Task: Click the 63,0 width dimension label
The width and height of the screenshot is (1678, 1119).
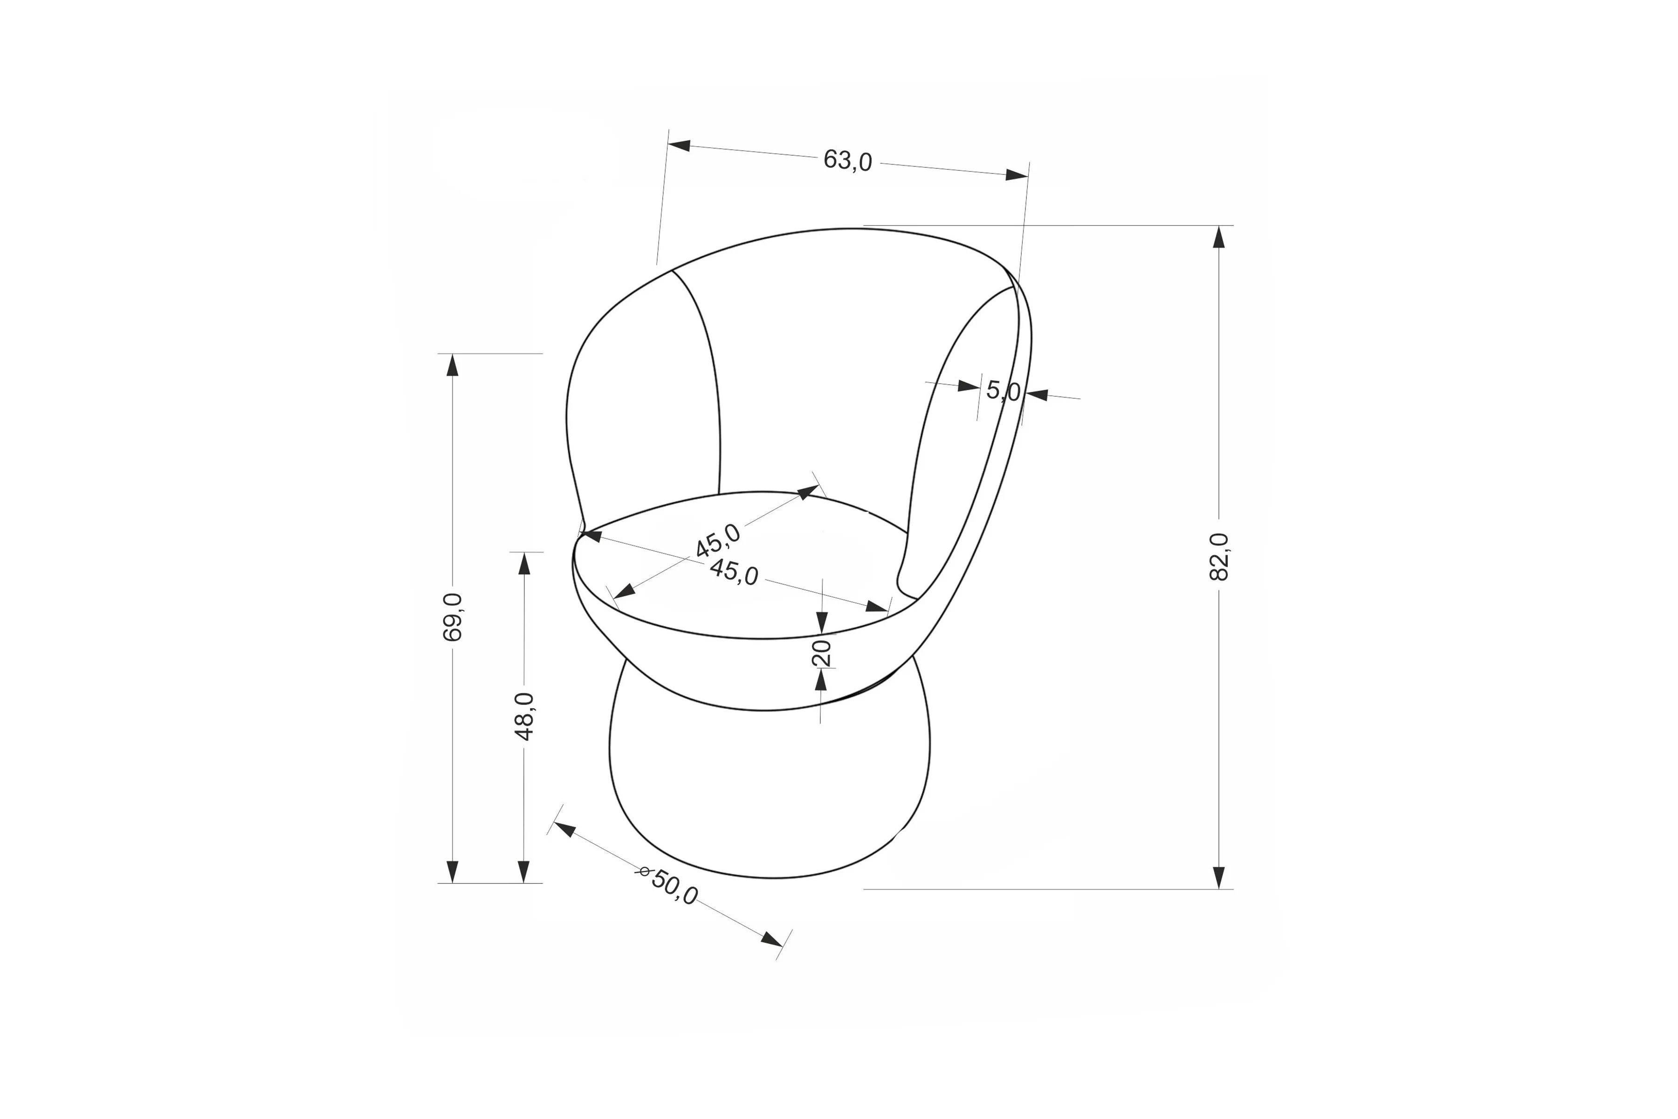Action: click(x=847, y=160)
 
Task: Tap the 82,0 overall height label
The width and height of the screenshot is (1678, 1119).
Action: click(x=1219, y=557)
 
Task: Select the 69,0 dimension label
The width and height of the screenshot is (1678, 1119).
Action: click(x=452, y=617)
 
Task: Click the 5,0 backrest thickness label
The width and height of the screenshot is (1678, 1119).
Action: click(x=1003, y=390)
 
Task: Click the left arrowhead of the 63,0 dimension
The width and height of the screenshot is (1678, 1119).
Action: click(x=679, y=145)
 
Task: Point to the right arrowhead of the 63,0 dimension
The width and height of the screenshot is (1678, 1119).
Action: click(x=1017, y=175)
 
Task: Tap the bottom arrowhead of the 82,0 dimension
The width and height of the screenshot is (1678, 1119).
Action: click(x=1219, y=877)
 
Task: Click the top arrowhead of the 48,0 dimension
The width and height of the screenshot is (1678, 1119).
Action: click(x=524, y=564)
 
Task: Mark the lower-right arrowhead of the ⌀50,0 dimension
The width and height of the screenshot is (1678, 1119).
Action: click(x=771, y=939)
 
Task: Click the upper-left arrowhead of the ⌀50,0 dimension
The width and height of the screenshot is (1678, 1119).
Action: click(x=564, y=829)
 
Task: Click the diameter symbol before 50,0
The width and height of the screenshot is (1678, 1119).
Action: click(x=644, y=871)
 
